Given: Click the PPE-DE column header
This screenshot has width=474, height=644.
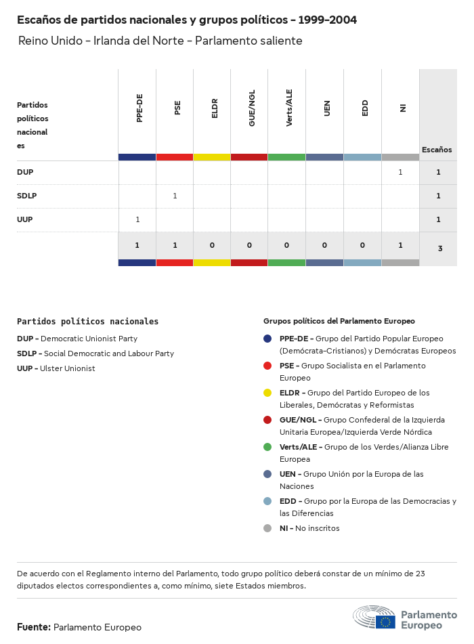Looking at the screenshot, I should coord(139,108).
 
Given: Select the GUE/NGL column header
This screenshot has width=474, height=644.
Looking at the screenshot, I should coord(252,110).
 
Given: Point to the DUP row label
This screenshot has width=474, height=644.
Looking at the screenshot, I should coord(25,172).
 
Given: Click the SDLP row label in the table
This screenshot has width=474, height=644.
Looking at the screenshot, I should coord(27,196).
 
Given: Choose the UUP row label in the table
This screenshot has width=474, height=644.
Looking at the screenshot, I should coord(25,219).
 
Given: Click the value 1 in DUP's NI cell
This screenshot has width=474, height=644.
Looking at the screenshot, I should coord(400,172).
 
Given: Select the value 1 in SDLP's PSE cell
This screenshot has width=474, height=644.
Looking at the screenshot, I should coord(175,196).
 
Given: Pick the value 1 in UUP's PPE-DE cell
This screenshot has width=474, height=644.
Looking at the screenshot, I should coord(137,219).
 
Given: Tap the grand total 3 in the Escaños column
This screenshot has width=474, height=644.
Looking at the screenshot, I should coord(439,249).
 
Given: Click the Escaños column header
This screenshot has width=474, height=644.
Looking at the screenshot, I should coord(437,150).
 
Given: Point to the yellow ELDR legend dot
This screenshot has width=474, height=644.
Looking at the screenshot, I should coord(267,393).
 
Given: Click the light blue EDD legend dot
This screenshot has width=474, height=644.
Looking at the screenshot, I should coord(267,501).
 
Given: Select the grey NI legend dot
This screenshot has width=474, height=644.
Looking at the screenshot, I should coord(267,528).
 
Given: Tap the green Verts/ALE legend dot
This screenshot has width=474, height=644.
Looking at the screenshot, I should coord(267,447).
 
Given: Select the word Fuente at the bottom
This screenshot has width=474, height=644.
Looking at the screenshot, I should coord(33,627).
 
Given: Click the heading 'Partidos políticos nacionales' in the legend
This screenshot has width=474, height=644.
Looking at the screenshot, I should coord(87,322).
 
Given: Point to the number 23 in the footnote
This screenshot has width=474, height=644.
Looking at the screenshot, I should coord(420,574).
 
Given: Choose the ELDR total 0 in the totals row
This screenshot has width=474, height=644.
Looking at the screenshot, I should coord(212,245).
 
